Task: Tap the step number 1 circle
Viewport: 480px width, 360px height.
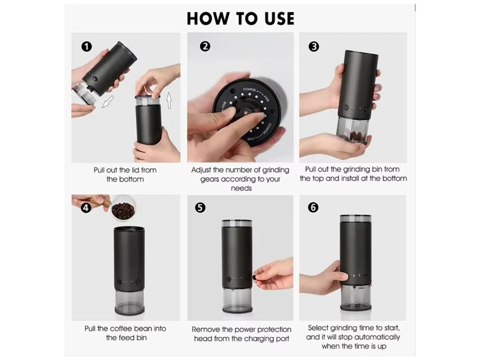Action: (x=86, y=46)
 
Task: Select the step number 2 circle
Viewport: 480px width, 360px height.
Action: (x=205, y=46)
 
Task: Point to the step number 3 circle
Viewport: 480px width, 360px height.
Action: (x=314, y=46)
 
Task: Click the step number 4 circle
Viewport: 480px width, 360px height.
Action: (x=86, y=208)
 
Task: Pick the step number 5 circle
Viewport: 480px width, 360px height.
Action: (x=200, y=207)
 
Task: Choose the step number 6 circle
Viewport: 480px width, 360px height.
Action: (x=313, y=207)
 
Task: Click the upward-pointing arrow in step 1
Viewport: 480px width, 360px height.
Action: (x=169, y=100)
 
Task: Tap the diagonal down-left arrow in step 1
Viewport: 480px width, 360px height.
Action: (x=108, y=102)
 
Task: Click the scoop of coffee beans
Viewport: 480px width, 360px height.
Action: (x=123, y=209)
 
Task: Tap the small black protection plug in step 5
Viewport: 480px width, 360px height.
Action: (x=254, y=277)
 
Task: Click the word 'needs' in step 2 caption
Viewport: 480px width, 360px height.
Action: (x=241, y=188)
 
